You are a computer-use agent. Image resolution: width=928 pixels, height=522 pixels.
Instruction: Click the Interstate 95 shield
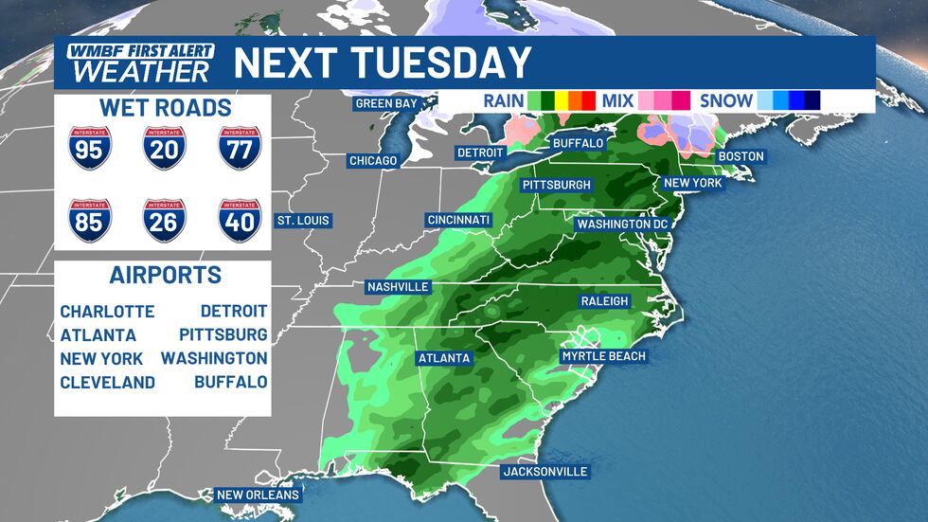[90, 148]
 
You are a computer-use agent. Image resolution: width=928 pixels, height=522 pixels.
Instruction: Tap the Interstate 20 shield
[164, 148]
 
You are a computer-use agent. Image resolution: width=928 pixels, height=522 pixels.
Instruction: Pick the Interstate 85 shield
[90, 220]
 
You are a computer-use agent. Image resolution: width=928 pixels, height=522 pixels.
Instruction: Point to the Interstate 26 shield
[164, 220]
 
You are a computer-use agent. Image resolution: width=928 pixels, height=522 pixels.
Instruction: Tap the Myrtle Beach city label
[603, 356]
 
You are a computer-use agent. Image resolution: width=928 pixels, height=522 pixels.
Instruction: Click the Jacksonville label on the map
[544, 472]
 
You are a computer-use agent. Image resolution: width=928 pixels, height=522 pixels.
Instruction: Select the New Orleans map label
[258, 495]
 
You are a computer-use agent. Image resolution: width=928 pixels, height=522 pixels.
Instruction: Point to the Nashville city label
[399, 287]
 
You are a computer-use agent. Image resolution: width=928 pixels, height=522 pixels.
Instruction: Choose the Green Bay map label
[386, 104]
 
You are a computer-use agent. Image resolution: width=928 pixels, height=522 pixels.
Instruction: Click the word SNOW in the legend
[726, 100]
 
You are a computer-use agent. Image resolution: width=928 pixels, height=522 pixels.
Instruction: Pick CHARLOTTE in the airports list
[107, 312]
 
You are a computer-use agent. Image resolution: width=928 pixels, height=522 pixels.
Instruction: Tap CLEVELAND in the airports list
[107, 383]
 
